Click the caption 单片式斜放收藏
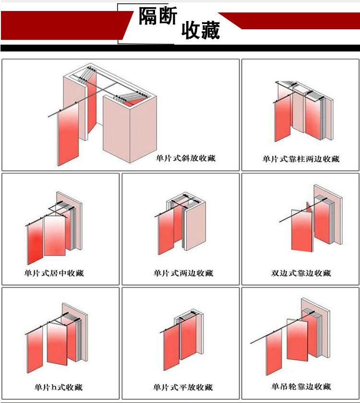pos(185,158)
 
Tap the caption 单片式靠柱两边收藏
pos(301,159)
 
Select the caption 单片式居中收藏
pos(54,273)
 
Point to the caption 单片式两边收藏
pos(183,273)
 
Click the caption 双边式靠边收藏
pos(301,273)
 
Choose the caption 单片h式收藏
pos(59,387)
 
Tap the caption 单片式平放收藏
pos(183,387)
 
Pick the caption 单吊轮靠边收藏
pos(301,386)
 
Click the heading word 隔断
pos(158,16)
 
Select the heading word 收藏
pos(201,30)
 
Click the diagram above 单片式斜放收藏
pos(102,114)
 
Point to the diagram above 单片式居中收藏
pos(53,228)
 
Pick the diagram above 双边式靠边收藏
pos(311,218)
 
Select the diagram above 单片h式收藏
pos(56,338)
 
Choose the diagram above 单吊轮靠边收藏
pos(290,336)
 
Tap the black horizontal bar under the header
pos(180,48)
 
